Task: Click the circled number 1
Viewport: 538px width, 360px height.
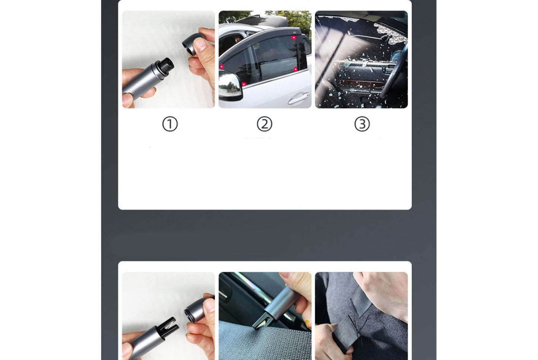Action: pos(170,124)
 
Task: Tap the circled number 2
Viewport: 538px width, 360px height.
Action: pos(264,124)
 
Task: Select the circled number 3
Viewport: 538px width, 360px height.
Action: pos(362,124)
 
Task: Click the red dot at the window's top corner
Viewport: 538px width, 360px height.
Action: pos(294,38)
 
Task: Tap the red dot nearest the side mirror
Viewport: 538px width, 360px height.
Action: pos(244,84)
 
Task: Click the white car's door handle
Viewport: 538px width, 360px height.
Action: pos(298,99)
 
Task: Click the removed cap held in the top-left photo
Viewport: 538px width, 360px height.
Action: pos(194,44)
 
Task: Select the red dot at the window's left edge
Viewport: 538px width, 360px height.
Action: pos(222,67)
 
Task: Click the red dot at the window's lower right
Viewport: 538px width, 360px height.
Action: pos(296,69)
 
